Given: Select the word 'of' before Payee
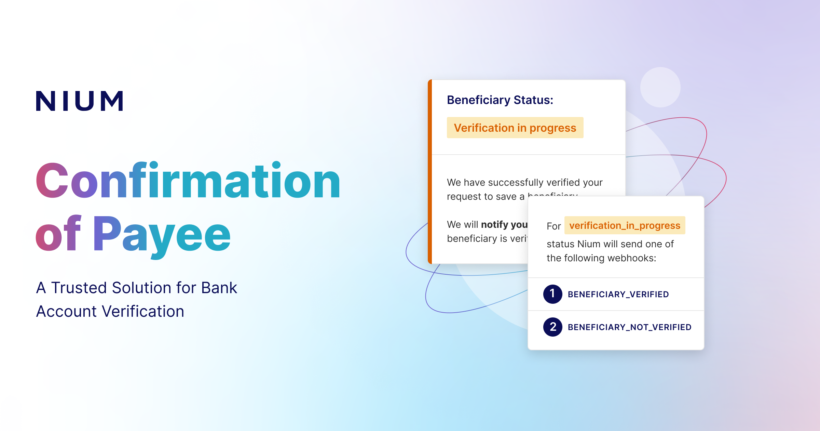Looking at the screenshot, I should coord(58,234).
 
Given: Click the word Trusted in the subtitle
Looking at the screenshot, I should coord(79,288).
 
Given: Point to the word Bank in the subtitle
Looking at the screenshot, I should coord(219,288).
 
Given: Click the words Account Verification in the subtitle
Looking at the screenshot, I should coord(110,311).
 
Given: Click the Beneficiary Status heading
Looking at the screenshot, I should coord(500,100).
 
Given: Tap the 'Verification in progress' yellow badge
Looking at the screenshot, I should coord(515,128).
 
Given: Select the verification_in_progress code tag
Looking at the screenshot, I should coord(625,225).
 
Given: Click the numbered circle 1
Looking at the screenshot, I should coord(552,294).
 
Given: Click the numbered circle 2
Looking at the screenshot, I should coord(552,327).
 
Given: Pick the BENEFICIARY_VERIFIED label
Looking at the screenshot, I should coord(618,294).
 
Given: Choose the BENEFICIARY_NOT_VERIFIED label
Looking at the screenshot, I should coord(629,327).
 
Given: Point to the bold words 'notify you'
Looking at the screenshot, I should coord(504,224).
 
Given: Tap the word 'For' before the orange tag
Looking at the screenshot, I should coord(553,226).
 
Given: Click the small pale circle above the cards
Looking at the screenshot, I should coord(660,87).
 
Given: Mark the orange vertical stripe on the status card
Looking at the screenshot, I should coord(430,171).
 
